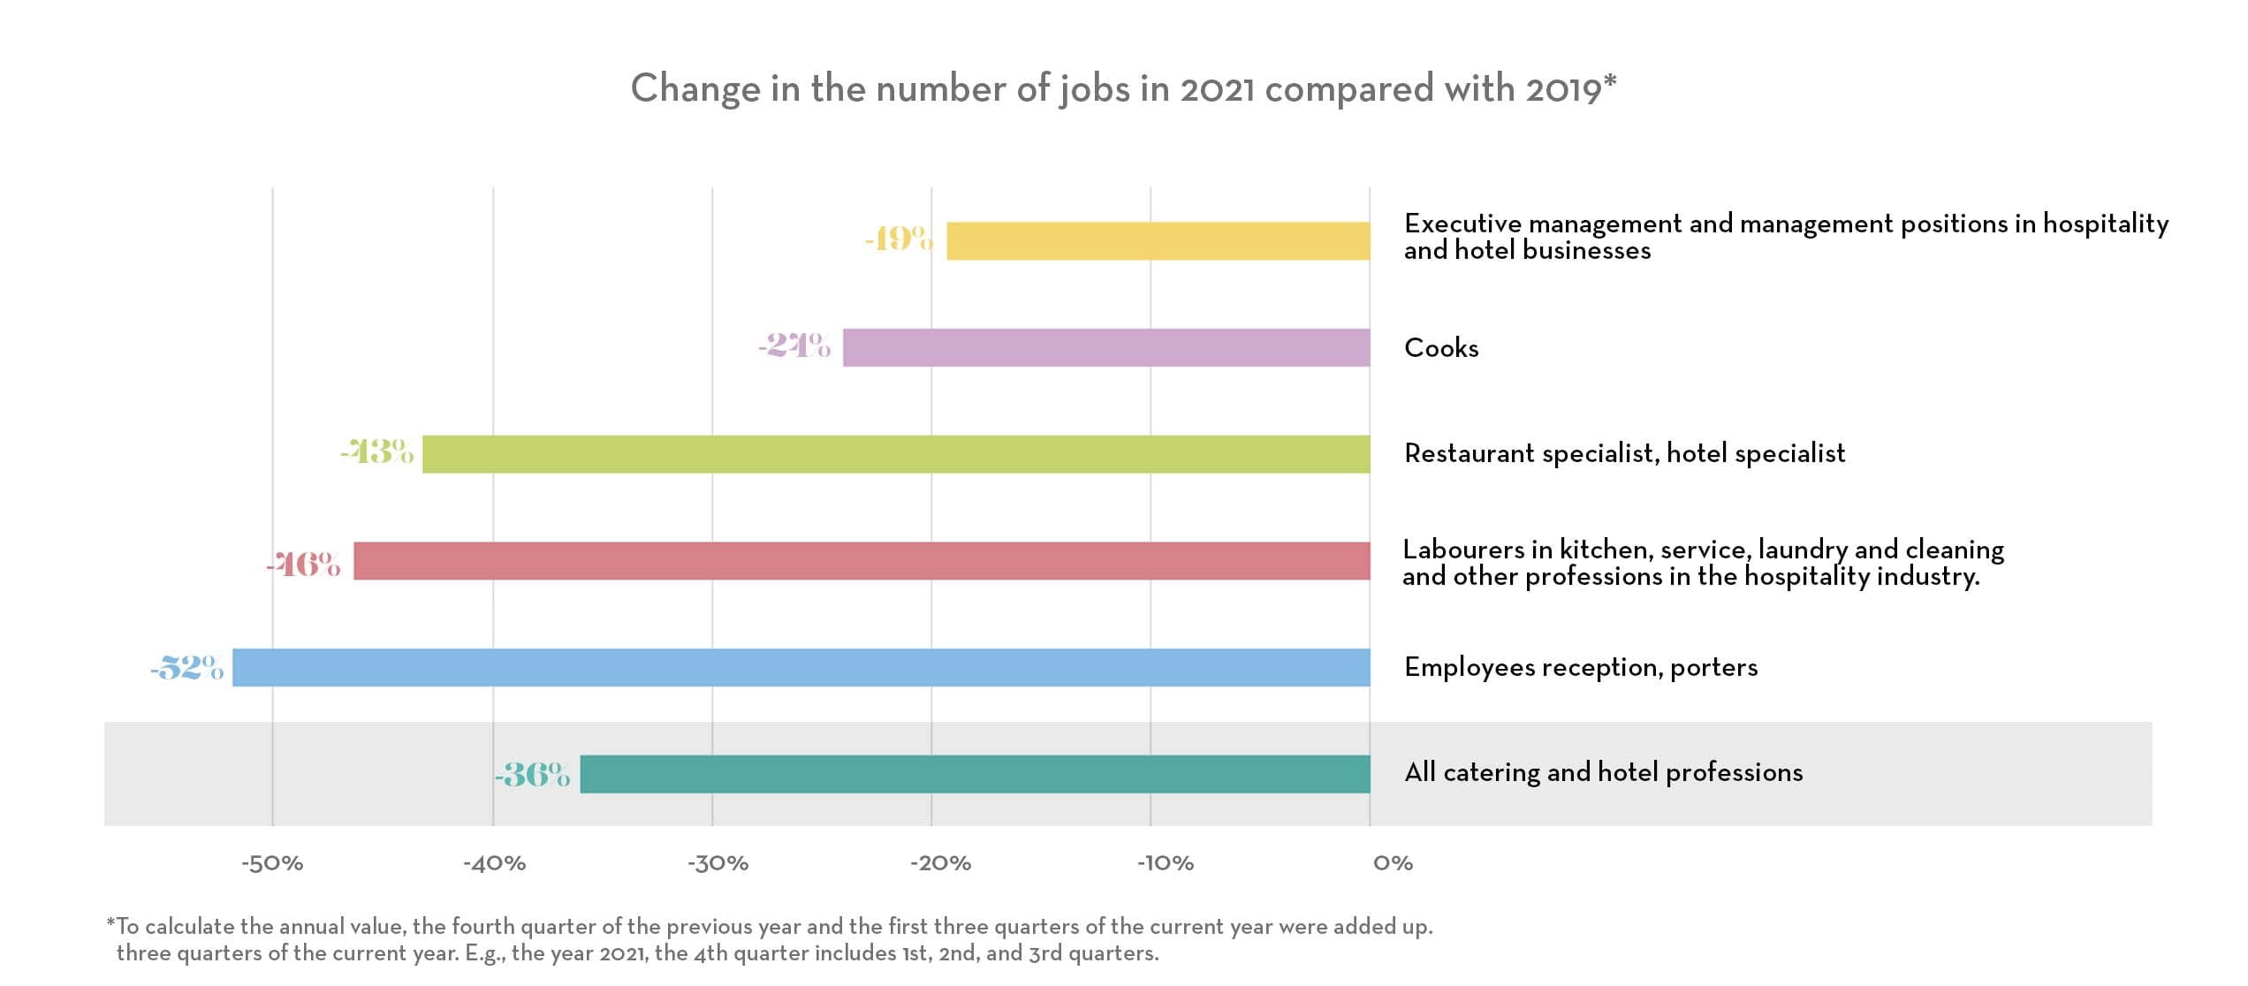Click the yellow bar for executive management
click(1158, 241)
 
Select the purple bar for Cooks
click(1106, 347)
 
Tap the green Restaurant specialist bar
click(896, 454)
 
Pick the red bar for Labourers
click(862, 561)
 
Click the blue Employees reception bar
click(801, 667)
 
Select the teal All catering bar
click(975, 774)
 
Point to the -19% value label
click(899, 239)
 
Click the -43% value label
click(377, 452)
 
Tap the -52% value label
click(187, 668)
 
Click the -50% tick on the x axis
click(272, 863)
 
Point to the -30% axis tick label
click(718, 863)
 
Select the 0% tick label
click(1393, 863)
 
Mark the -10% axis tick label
click(1165, 863)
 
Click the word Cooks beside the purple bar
click(1441, 348)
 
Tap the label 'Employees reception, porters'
click(1581, 667)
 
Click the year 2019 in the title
click(1563, 89)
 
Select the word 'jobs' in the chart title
click(1095, 89)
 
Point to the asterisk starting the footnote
click(110, 924)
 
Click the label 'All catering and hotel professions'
click(1603, 773)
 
